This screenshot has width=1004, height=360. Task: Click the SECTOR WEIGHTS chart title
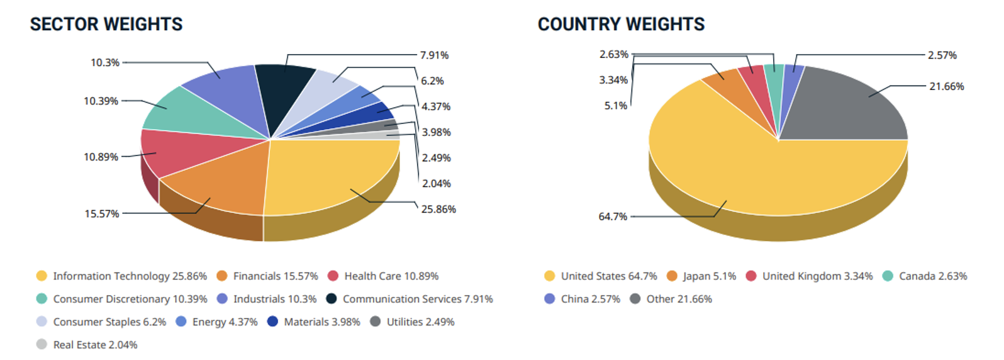click(x=106, y=24)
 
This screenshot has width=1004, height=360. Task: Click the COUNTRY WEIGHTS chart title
click(x=622, y=24)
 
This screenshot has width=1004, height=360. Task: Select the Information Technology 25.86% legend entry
click(x=121, y=276)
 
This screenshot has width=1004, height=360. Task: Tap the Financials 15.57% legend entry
click(x=267, y=276)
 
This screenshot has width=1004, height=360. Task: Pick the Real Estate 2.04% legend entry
click(x=87, y=345)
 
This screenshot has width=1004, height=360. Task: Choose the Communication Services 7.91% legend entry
click(x=410, y=299)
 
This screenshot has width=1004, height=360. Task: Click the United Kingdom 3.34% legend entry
click(x=810, y=276)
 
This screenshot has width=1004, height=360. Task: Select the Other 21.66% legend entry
click(x=671, y=299)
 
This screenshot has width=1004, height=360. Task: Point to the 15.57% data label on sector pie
click(x=102, y=214)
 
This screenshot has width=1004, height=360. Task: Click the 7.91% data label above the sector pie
click(x=434, y=55)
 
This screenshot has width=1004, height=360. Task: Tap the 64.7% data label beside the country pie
click(x=613, y=217)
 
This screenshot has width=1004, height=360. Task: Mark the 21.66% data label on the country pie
click(x=947, y=86)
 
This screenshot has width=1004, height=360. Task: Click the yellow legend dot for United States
click(x=550, y=276)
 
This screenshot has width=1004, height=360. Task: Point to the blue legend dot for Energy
click(x=181, y=322)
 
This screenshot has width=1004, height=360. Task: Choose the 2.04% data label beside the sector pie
click(x=437, y=183)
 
